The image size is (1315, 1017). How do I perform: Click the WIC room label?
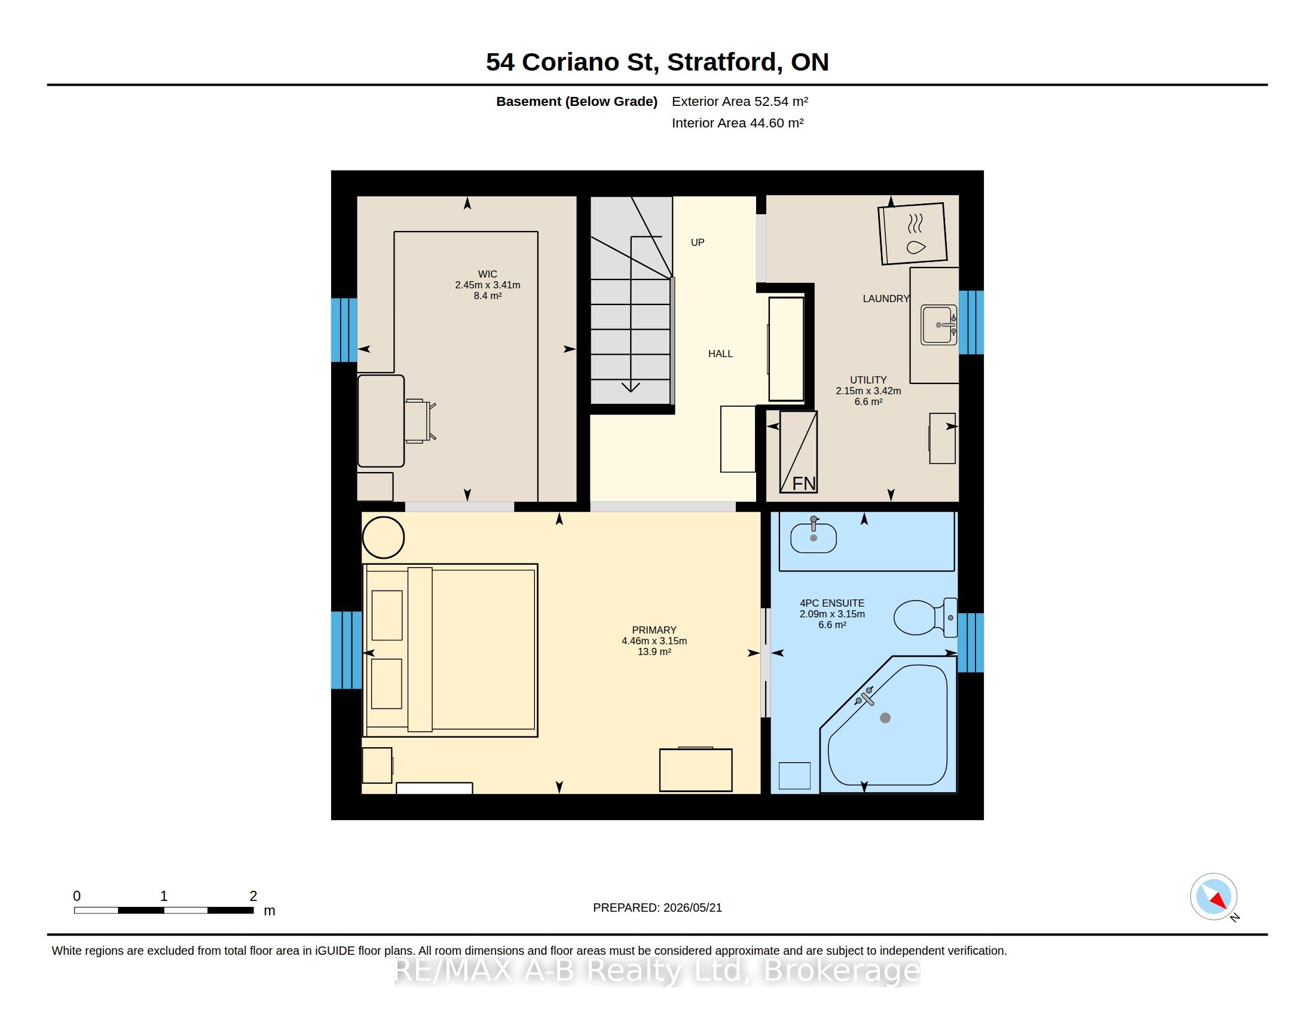[x=487, y=274]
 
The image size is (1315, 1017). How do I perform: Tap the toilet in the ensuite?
[x=925, y=617]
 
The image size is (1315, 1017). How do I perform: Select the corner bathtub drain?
[x=885, y=717]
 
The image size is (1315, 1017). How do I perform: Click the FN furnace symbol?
[x=799, y=452]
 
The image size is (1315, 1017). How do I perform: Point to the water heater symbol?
[x=913, y=234]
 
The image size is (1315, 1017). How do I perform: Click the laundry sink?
[x=938, y=325]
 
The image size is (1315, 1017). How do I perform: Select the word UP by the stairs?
[x=697, y=242]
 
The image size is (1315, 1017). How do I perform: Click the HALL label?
[x=720, y=354]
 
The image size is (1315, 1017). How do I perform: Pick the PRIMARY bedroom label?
[x=654, y=629]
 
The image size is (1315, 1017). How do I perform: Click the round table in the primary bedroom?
[x=383, y=537]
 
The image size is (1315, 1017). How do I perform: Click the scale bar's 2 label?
[x=253, y=896]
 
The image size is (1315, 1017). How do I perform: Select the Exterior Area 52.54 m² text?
[x=740, y=101]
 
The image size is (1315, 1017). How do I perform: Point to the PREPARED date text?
[x=657, y=908]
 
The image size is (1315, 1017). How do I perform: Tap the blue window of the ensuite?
[x=971, y=643]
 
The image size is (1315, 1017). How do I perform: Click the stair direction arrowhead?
[x=631, y=387]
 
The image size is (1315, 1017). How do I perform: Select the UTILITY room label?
[x=868, y=379]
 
